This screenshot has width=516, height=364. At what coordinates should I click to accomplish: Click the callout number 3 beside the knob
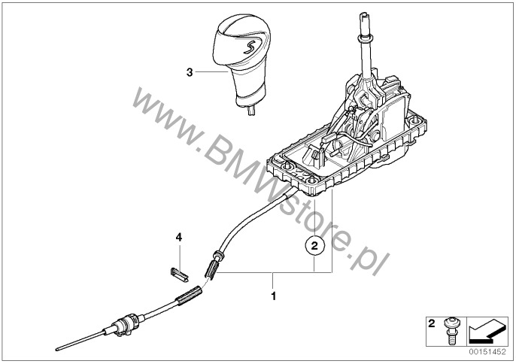pos(190,72)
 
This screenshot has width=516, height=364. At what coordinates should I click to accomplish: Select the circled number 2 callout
pos(314,245)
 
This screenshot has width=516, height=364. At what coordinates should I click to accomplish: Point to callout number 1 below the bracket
pos(273,296)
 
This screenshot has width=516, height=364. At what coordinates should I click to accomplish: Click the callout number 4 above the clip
pos(179,237)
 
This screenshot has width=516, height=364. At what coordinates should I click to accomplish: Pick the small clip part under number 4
pos(179,275)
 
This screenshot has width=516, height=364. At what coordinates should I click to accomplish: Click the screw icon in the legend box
pos(451,331)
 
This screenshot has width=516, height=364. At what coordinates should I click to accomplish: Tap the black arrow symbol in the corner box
pos(487,332)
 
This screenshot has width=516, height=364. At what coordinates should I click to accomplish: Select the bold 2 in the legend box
pos(432,323)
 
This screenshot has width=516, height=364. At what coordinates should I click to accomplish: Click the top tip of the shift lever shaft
pos(363,14)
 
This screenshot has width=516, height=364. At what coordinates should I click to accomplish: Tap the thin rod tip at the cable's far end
pos(58,348)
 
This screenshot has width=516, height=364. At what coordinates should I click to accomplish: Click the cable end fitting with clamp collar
pos(126,324)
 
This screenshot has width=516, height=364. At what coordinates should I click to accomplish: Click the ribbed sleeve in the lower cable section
pos(189,295)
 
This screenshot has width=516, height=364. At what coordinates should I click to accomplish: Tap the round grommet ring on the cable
pos(219,256)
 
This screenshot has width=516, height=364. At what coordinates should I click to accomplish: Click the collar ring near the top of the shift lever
pos(365,39)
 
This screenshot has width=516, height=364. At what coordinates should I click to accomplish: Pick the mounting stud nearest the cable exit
pos(311,180)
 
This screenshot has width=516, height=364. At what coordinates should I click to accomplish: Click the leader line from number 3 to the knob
pos(211,71)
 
